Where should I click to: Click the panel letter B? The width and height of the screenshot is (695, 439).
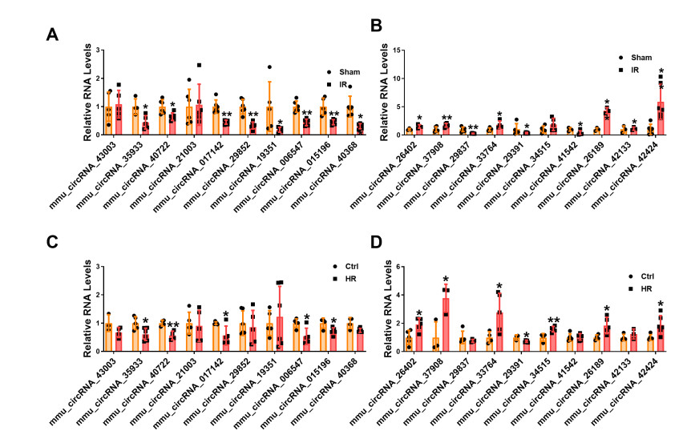[x=377, y=26]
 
